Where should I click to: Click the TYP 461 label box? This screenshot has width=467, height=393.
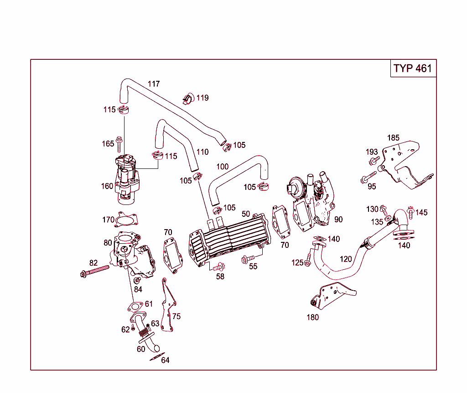(x=413, y=68)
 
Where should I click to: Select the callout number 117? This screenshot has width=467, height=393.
(x=154, y=84)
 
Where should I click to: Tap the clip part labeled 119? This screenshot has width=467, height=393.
(x=188, y=98)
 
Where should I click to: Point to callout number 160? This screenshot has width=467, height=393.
(x=107, y=186)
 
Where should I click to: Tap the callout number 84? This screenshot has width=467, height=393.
(x=138, y=289)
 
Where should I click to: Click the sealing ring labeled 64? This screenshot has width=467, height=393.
(x=156, y=356)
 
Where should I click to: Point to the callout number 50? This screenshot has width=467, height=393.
(x=246, y=214)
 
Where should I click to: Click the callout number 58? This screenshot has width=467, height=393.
(x=220, y=277)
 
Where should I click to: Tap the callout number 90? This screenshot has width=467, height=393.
(x=338, y=220)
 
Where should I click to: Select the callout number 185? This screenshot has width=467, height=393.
(x=393, y=137)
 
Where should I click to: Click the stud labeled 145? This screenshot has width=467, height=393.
(x=410, y=212)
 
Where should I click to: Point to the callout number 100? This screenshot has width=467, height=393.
(x=223, y=167)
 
